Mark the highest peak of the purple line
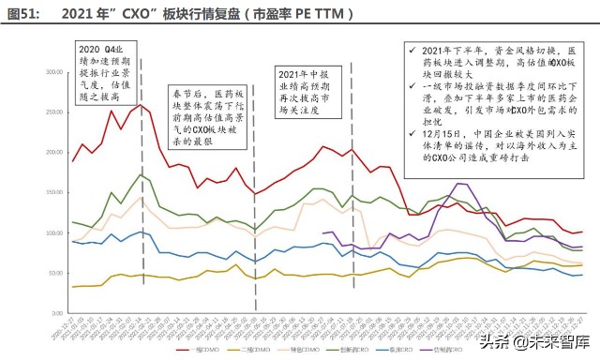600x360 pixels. [461, 184]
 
